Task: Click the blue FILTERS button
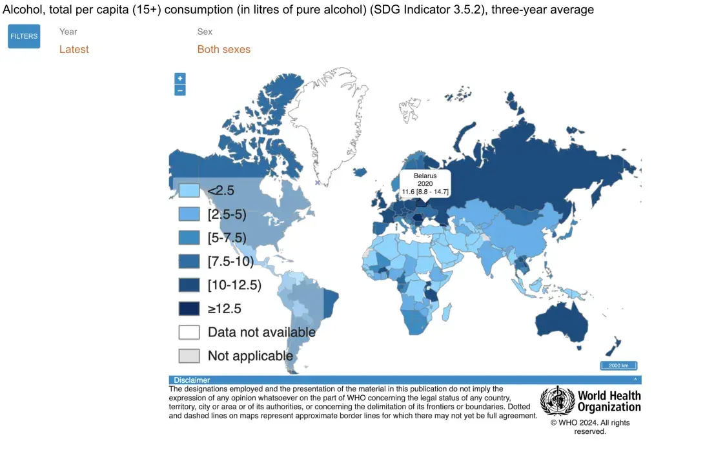(24, 36)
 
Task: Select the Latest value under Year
(74, 50)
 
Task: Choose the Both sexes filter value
(224, 50)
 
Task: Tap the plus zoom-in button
(180, 78)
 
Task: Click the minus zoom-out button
(180, 90)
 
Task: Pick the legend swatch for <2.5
(189, 190)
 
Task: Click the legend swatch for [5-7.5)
(189, 238)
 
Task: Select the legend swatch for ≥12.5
(189, 309)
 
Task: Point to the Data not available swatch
(189, 332)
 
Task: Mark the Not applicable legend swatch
(189, 356)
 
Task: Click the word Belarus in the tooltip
(425, 176)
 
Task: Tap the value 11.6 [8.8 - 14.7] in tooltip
(425, 191)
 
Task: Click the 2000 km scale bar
(618, 365)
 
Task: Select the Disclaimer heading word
(192, 380)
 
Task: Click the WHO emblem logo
(557, 401)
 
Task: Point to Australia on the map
(561, 323)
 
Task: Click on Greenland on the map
(331, 120)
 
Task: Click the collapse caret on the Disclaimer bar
(635, 380)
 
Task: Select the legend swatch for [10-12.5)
(189, 285)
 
